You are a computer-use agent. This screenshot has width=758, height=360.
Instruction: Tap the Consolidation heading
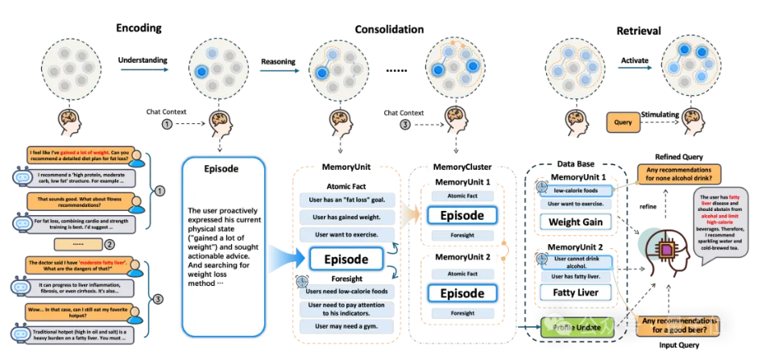(x=389, y=30)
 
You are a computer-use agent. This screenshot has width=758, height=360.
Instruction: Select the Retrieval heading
(x=639, y=31)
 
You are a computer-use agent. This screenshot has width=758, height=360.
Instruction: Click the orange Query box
(x=622, y=123)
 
